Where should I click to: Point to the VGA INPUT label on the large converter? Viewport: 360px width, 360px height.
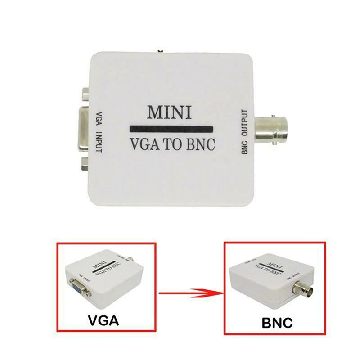click(99, 130)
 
